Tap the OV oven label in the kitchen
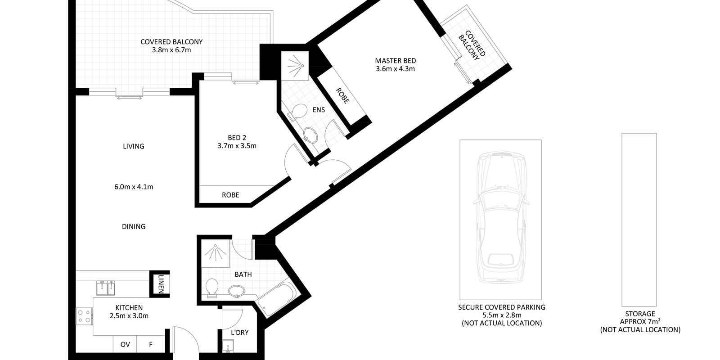coord(125,345)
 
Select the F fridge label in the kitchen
coord(151,345)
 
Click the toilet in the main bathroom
coord(212,288)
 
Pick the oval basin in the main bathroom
coord(237,291)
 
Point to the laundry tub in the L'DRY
coord(228,346)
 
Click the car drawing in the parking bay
coord(501,218)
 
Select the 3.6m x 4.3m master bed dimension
coord(396,69)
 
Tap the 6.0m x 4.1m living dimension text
coord(134,187)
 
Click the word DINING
coord(134,227)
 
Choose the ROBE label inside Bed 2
coord(230,195)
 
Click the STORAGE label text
coord(640,314)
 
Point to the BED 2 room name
coord(237,138)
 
